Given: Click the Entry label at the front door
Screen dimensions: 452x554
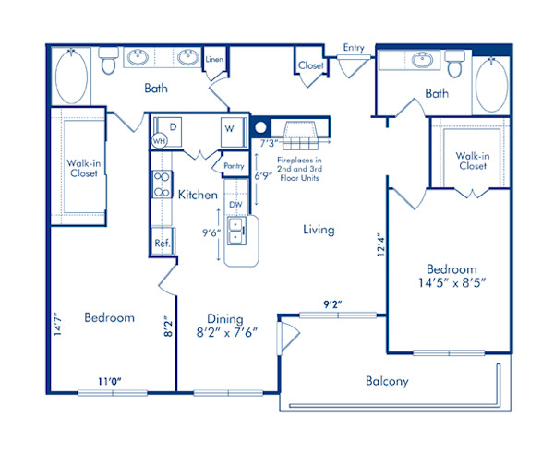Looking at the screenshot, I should pos(353,48).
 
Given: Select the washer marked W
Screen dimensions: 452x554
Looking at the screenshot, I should pos(228,129).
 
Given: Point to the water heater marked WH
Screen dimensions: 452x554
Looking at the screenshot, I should pos(160,142).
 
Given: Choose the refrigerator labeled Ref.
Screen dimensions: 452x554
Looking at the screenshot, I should pos(162,244).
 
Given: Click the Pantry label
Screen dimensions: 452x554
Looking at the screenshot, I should pos(233,166).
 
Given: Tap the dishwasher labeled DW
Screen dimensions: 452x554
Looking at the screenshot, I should pos(235,204).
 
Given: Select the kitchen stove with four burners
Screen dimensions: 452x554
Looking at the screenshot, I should pos(162,184).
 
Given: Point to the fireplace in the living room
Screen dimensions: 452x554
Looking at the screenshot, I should pos(304,134).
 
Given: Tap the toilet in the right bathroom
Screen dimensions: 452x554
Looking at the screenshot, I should pos(454,64).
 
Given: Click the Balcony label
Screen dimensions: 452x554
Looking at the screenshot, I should pos(388,381).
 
